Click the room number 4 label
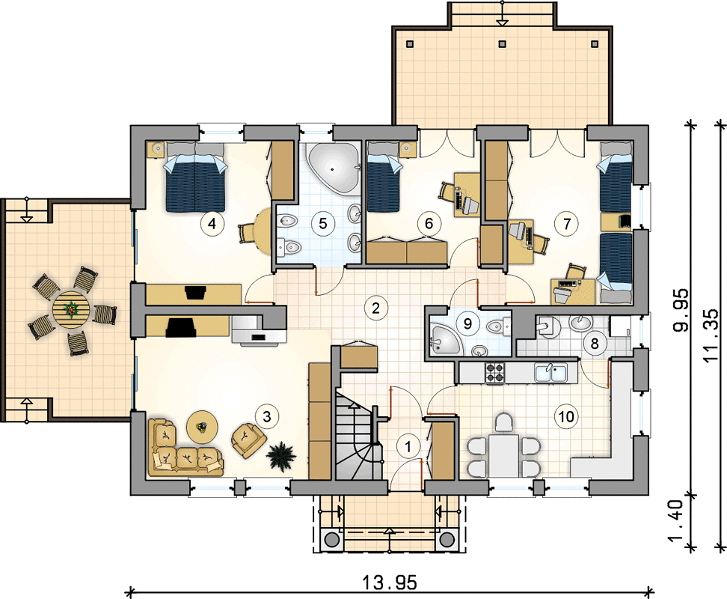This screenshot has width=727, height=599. tap(212, 224)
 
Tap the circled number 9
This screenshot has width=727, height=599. tap(467, 323)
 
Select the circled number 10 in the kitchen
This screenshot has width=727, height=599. tap(566, 416)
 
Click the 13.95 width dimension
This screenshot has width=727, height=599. tap(389, 582)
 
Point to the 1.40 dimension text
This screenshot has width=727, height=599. tap(677, 520)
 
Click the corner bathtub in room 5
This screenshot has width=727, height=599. tap(334, 169)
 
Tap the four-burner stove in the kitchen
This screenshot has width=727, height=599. tap(494, 373)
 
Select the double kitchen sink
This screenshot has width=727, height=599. tap(550, 373)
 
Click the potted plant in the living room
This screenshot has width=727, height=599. tap(281, 456)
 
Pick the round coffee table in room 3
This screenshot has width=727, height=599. tap(202, 426)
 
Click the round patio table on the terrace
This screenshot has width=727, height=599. tap(71, 307)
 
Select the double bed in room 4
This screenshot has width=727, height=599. tap(195, 177)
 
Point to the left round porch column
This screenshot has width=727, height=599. tap(331, 539)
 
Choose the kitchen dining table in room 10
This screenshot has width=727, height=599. tap(504, 456)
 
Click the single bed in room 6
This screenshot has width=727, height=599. tap(384, 177)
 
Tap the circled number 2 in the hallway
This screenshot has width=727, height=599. tap(375, 308)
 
